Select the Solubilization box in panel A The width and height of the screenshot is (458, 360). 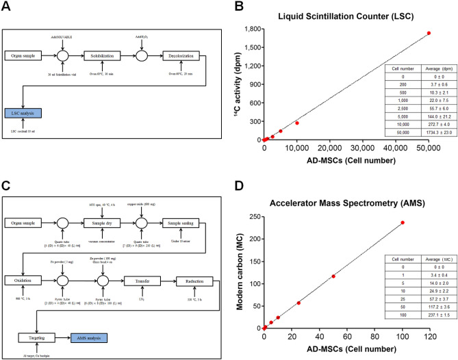(102, 55)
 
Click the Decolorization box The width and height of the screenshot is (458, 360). (182, 55)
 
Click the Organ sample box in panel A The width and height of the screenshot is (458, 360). (25, 55)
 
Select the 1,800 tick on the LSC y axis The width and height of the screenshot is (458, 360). (251, 29)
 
